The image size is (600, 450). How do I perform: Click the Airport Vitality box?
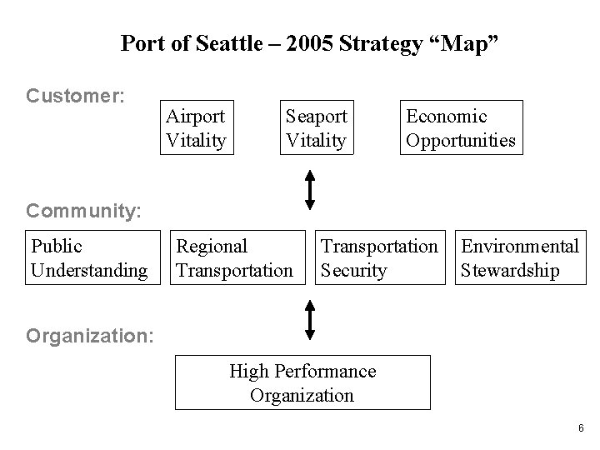click(196, 128)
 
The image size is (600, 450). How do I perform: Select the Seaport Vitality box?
click(316, 128)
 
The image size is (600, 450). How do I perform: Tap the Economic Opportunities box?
click(461, 128)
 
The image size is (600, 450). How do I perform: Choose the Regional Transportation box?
click(235, 258)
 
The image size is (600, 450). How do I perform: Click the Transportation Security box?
click(379, 258)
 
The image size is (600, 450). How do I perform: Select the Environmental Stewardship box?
click(519, 258)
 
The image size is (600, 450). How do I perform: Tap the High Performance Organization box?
click(302, 383)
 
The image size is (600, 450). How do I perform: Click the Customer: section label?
click(76, 96)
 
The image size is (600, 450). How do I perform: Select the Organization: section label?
click(90, 336)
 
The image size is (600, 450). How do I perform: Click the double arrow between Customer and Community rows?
click(309, 189)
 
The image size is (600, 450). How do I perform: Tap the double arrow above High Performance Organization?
click(309, 320)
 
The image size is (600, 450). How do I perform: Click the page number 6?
click(579, 427)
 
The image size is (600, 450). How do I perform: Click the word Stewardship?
click(510, 271)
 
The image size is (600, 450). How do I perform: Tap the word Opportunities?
click(461, 141)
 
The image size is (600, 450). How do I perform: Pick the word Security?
click(354, 271)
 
